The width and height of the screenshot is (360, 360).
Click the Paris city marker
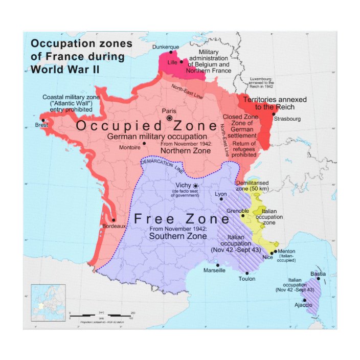pyautogui.click(x=169, y=118)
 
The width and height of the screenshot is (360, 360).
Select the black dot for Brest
pyautogui.click(x=43, y=120)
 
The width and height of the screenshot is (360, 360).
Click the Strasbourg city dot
pyautogui.click(x=274, y=114)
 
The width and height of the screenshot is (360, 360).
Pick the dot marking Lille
pyautogui.click(x=182, y=61)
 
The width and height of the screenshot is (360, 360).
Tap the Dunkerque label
pyautogui.click(x=167, y=47)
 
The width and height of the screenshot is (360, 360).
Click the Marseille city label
pyautogui.click(x=214, y=270)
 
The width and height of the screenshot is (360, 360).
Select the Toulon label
pyautogui.click(x=246, y=279)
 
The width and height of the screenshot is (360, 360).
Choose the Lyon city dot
pyautogui.click(x=221, y=199)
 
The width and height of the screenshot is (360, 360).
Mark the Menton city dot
pyautogui.click(x=275, y=251)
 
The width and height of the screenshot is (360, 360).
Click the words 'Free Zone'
pyautogui.click(x=182, y=219)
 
